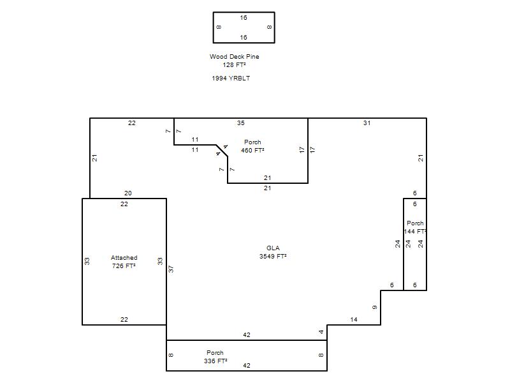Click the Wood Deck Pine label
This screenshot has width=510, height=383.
tap(234, 56)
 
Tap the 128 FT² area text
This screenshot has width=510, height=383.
tap(234, 65)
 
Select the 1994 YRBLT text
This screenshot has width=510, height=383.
tap(231, 78)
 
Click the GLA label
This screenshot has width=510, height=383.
tap(273, 248)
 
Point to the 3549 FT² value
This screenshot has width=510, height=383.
tap(273, 257)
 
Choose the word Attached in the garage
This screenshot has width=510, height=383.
tap(124, 258)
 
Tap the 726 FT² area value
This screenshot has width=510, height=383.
tap(124, 266)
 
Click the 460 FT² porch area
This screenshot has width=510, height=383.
tap(252, 150)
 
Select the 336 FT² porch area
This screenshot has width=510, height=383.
tap(215, 361)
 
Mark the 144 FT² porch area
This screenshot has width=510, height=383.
tap(415, 231)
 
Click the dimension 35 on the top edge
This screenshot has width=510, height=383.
tap(241, 123)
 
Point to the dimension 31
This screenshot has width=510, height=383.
tap(367, 123)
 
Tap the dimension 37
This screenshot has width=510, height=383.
tap(171, 269)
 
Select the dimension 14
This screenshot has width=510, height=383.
tap(354, 320)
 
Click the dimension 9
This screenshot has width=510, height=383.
tap(375, 308)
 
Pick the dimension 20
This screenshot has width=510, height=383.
tap(128, 193)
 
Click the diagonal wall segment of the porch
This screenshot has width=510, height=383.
tap(222, 151)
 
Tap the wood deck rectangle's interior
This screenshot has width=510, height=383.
tap(244, 27)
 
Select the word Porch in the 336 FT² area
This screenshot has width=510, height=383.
tap(215, 353)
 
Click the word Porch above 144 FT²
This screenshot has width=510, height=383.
tap(415, 223)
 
